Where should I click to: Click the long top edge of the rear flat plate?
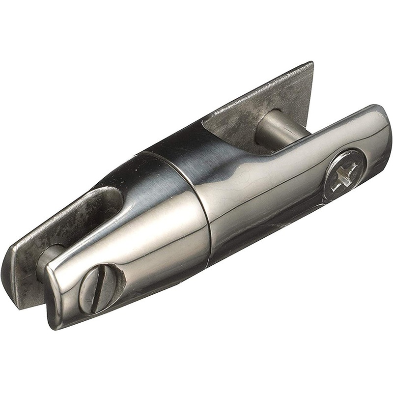click(x=255, y=88)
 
